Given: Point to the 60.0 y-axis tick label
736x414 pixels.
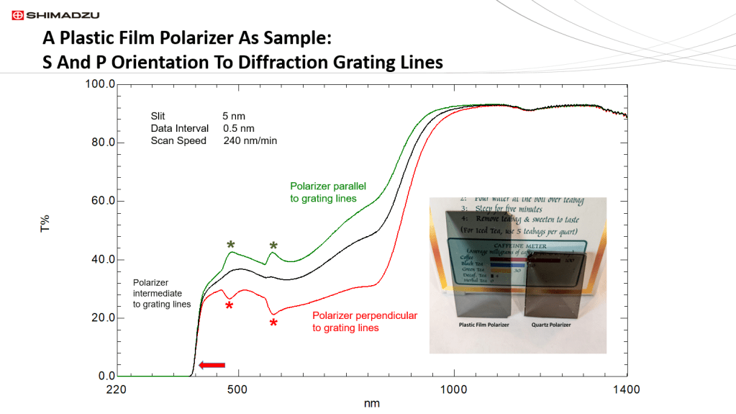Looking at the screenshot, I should click(101, 201).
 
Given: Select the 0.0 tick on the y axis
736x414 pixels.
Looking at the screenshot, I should click(106, 376).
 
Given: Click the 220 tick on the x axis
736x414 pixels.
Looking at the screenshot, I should click(116, 390).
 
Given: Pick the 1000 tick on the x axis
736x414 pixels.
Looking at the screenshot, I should click(453, 390).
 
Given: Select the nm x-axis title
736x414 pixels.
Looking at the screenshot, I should click(371, 403).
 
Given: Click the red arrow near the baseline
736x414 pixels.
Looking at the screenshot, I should click(212, 366).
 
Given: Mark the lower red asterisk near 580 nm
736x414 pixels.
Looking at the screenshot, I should click(273, 323).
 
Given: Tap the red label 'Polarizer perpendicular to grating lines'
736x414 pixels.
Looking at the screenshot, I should click(364, 322).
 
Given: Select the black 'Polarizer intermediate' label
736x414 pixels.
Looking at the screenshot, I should click(162, 294).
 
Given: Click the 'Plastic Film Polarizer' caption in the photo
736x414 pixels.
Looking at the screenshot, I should click(485, 325).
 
